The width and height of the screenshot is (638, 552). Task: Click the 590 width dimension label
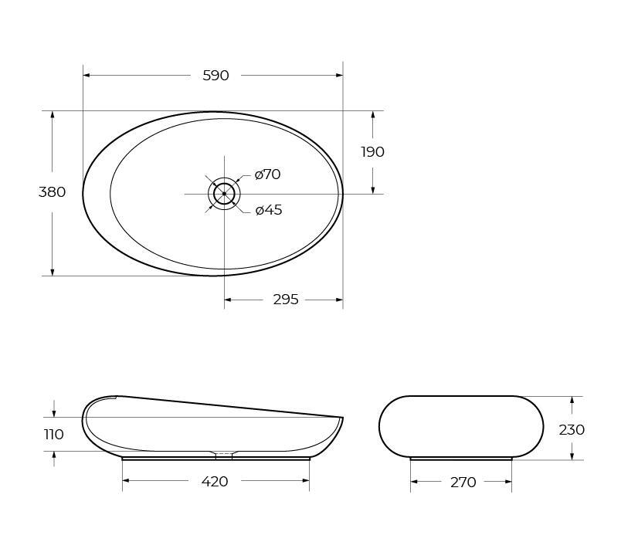coord(215,76)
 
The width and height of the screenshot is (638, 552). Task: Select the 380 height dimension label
coord(52,192)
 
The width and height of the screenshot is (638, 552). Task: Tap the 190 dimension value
coord(372,152)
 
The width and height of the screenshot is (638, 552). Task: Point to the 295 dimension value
coord(285,300)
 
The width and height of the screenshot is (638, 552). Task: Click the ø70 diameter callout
coord(267,174)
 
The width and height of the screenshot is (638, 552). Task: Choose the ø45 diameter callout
coord(268,210)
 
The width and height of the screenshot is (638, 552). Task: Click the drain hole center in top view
coord(224,194)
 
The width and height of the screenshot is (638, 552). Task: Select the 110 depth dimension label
coord(53,435)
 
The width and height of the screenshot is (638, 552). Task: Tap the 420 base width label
coord(214,482)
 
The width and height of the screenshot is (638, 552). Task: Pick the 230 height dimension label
coord(572,429)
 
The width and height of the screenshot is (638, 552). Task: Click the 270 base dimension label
coord(463,483)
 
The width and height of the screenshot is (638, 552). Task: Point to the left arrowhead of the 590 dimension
coord(87,76)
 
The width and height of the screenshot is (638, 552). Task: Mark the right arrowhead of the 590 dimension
coord(339,76)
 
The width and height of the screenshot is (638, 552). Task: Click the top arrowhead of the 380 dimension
coord(53,114)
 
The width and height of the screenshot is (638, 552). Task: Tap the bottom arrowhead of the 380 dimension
coord(53,272)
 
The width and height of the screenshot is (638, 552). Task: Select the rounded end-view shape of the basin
coord(461,427)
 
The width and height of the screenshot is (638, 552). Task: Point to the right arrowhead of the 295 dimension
coord(339,300)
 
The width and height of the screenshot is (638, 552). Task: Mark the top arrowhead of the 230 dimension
coord(572,400)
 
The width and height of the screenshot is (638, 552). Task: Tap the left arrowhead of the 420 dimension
coord(126,481)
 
